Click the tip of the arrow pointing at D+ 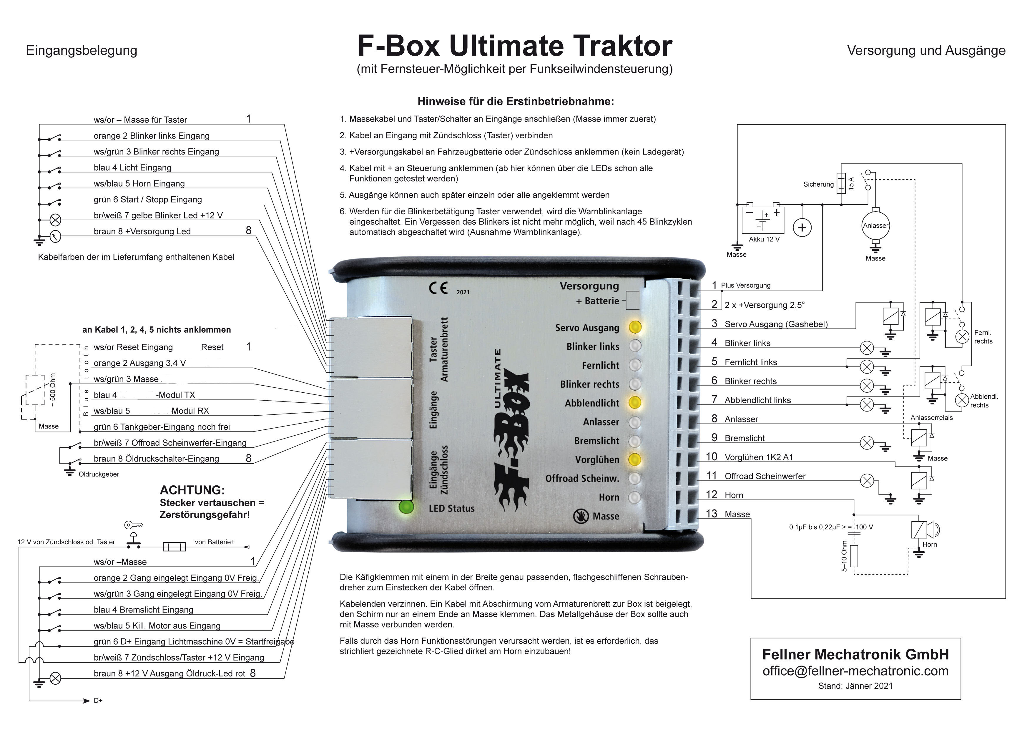[90, 701]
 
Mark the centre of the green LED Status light [406, 507]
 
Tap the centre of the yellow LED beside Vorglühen [635, 459]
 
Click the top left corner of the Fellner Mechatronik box [751, 638]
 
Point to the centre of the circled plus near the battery [802, 228]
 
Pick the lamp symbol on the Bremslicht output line [867, 443]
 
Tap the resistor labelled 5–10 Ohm [854, 556]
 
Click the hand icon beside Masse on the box [581, 516]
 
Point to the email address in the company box [855, 671]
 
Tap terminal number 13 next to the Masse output [712, 513]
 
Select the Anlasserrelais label [931, 418]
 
